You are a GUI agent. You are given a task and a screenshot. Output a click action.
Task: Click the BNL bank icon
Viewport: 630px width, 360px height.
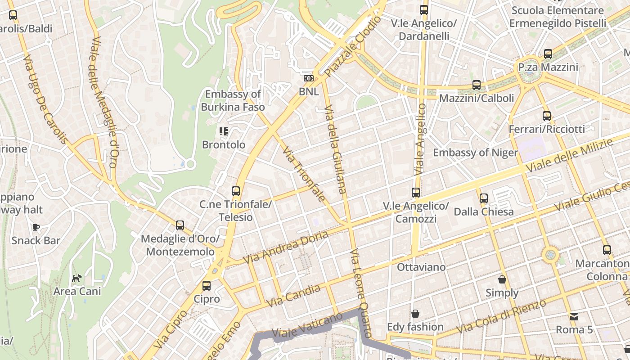point(308,78)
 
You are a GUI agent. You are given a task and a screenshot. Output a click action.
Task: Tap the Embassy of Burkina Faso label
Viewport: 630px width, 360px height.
point(233,100)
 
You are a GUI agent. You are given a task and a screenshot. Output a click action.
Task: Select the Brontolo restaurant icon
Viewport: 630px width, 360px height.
point(224,131)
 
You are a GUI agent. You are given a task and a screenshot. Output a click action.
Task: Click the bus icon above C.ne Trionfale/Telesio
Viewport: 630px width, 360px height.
point(236,191)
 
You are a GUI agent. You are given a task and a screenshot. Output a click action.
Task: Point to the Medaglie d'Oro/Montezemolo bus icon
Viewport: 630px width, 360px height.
point(180,225)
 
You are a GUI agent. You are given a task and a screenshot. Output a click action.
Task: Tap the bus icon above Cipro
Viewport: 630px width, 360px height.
point(207,285)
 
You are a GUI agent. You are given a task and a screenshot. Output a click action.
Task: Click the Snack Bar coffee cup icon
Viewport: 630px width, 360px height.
point(36,227)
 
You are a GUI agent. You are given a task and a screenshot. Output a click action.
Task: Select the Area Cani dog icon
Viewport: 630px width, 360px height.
point(77,278)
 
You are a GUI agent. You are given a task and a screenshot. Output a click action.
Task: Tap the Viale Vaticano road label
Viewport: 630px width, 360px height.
point(307,326)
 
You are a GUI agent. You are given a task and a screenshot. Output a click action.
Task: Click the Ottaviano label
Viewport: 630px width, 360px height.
point(421,267)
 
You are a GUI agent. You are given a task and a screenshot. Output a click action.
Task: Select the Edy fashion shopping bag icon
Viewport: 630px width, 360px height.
point(415,313)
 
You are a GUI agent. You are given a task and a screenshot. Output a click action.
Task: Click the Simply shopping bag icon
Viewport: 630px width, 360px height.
point(502,279)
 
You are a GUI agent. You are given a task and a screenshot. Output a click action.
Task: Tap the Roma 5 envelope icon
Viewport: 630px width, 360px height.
point(574,316)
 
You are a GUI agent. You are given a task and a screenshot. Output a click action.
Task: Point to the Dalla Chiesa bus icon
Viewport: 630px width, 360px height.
point(484,198)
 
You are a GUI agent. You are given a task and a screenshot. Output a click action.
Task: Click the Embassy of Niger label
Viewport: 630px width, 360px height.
point(475,153)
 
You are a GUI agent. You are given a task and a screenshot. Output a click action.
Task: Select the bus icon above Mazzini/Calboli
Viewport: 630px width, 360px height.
point(477,85)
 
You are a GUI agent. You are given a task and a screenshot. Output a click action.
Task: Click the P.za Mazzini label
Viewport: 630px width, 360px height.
point(548,67)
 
